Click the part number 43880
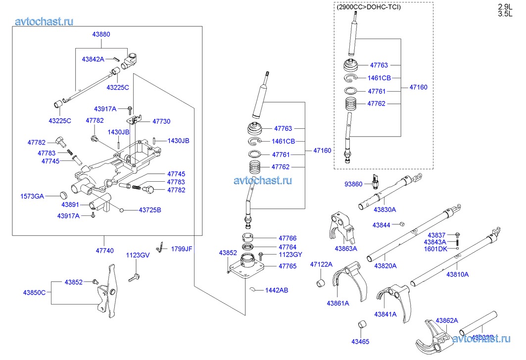coord(101,35)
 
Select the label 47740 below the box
coord(104,251)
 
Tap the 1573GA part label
coord(32,197)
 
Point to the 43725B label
coord(150,210)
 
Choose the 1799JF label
coord(182,249)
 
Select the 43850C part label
coord(34,292)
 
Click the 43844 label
coord(382,225)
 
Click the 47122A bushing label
coord(321,264)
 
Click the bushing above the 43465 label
coord(362,325)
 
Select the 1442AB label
coord(277,290)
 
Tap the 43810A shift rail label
coord(457,274)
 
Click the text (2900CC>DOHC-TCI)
coord(369,7)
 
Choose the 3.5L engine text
coord(505,14)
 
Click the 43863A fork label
coord(346,248)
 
